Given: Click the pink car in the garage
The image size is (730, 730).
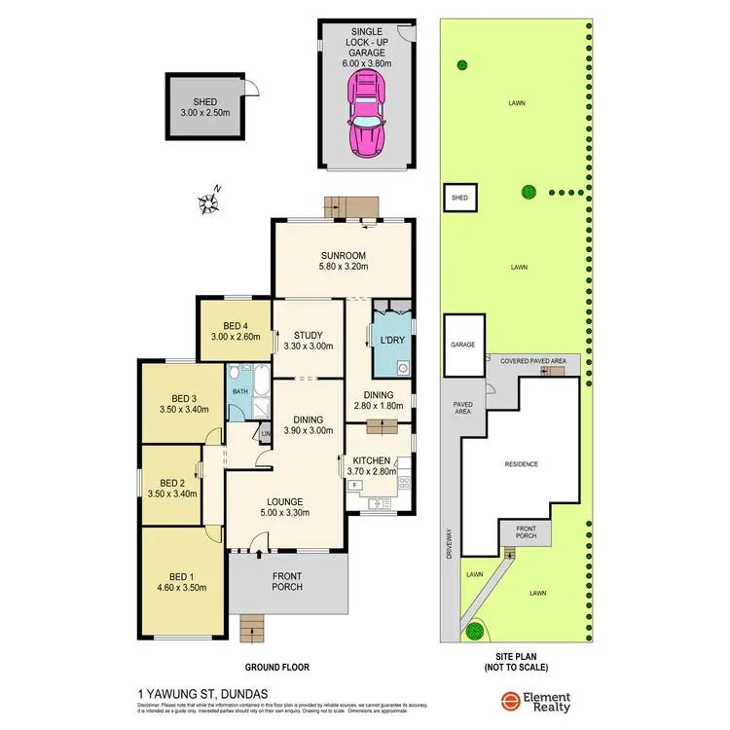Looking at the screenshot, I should tap(365, 115).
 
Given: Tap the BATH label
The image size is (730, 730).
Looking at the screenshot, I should tap(239, 392).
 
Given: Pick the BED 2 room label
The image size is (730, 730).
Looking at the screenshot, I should tap(171, 482).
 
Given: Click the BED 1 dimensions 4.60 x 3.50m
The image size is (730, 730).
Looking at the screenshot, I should tap(182, 587).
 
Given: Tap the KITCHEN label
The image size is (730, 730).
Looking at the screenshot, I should tap(373, 460).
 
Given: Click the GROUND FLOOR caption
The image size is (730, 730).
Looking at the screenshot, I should tap(276, 668).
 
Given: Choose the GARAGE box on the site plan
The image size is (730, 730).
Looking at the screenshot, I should tap(464, 346).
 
